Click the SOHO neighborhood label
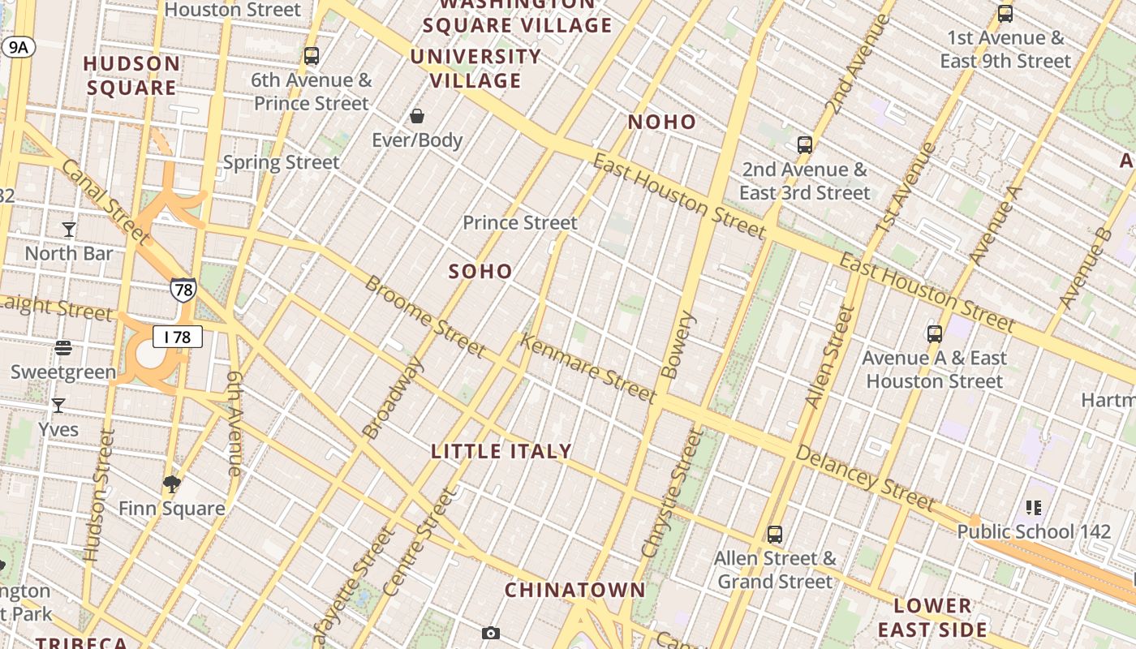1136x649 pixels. (480, 272)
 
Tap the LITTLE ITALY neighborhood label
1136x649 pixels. (501, 452)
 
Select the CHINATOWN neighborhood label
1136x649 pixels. (575, 590)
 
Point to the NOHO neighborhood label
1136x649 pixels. (662, 122)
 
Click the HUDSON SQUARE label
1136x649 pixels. (131, 75)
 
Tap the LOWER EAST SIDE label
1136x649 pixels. (932, 617)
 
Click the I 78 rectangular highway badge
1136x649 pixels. (178, 337)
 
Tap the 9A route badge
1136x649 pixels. (18, 47)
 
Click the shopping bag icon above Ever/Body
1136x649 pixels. (417, 116)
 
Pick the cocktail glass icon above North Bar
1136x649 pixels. (69, 230)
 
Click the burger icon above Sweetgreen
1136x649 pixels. (63, 348)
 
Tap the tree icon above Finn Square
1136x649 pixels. (171, 484)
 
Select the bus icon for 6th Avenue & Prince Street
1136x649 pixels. (312, 56)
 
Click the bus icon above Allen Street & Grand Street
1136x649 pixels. (775, 535)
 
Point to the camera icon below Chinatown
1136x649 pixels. (490, 633)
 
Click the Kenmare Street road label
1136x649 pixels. (587, 369)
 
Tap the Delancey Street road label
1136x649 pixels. (865, 478)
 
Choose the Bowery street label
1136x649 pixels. (678, 346)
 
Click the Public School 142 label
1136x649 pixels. (1034, 531)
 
